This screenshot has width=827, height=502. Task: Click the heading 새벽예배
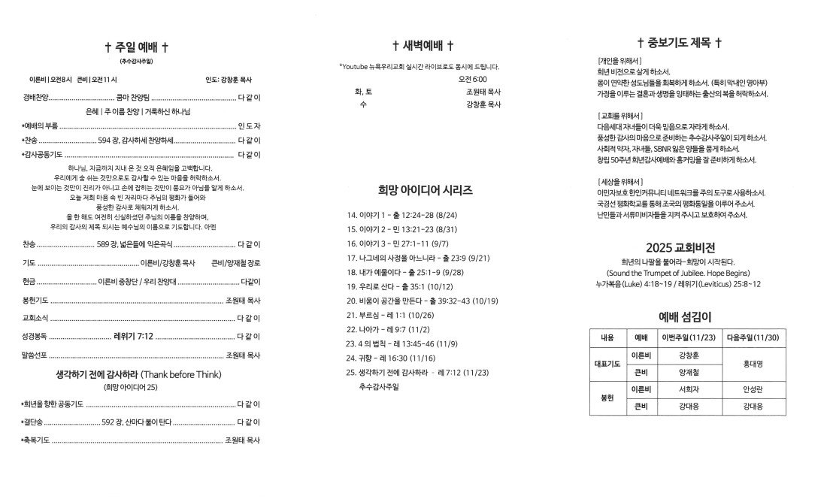tap(423, 46)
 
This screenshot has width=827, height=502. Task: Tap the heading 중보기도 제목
tap(680, 43)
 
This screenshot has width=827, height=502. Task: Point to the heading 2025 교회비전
tap(680, 247)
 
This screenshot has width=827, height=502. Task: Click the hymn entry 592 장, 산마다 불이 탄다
tap(137, 422)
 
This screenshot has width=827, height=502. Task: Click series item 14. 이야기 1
tap(401, 215)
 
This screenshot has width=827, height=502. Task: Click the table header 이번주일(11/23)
tap(689, 338)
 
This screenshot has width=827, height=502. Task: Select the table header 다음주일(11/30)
tap(754, 338)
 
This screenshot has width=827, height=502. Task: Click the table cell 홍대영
tap(754, 364)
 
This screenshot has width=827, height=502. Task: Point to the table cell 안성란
tap(754, 389)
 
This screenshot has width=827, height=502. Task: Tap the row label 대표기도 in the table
tap(608, 364)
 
